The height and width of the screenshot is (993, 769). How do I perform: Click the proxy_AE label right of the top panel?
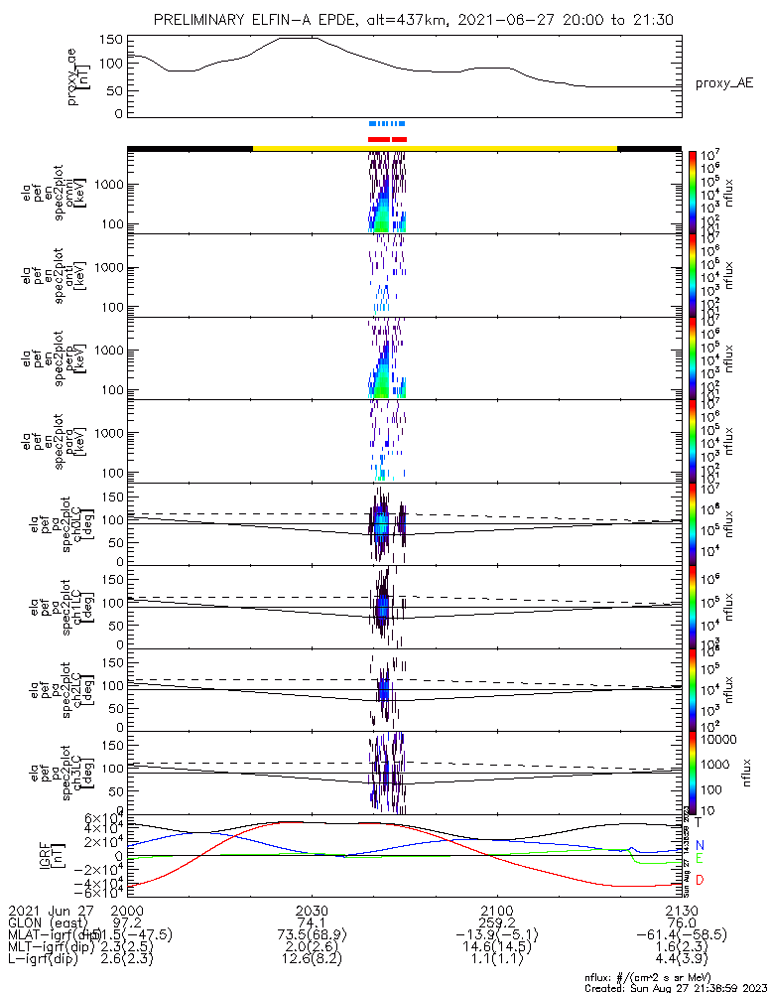click(x=722, y=83)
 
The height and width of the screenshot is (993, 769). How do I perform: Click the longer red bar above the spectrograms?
click(x=378, y=139)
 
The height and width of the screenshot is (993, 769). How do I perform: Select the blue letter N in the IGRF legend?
click(x=699, y=845)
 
